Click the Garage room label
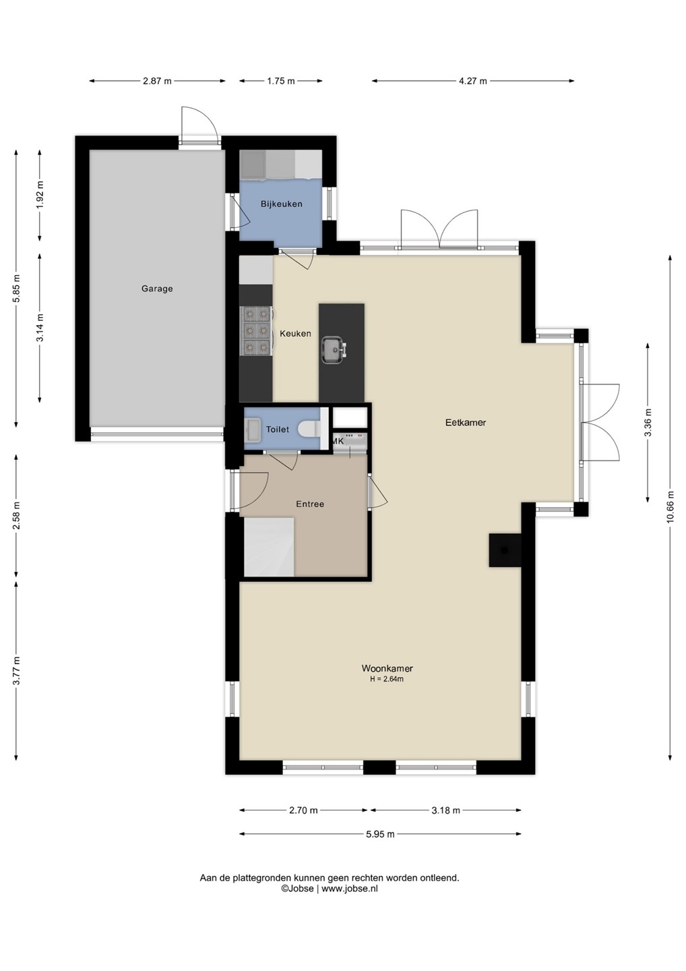(157, 289)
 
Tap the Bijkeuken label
(282, 204)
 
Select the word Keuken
(295, 334)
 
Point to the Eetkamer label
(466, 423)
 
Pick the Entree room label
(310, 504)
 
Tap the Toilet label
(277, 430)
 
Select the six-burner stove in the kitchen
(256, 330)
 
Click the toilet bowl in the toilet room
(310, 430)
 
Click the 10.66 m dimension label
(671, 507)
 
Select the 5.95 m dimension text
(380, 835)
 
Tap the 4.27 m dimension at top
(472, 81)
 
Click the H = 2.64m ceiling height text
(387, 679)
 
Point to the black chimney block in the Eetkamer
(505, 550)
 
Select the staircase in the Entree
(269, 547)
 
